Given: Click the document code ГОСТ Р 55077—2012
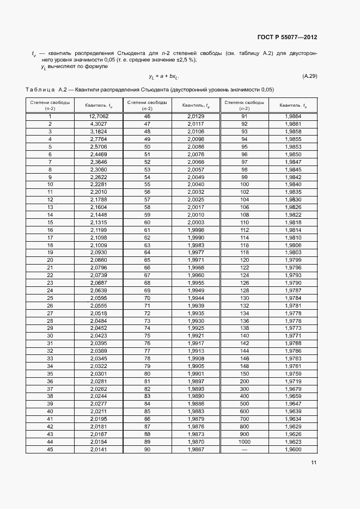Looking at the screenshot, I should click(287, 38).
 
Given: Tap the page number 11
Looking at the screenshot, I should click(314, 463).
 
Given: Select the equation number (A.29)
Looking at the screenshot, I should click(309, 76).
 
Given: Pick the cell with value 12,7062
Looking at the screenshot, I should click(99, 116).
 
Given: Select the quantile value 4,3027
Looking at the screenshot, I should click(99, 124).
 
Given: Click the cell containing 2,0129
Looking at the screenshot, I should click(196, 116).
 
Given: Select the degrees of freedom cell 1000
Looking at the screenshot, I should click(244, 441).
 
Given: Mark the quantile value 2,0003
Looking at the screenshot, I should click(196, 222).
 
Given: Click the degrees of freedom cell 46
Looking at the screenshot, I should click(147, 116).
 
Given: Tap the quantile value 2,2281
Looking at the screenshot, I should click(99, 185).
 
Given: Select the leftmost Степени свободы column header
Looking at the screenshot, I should click(50, 105).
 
